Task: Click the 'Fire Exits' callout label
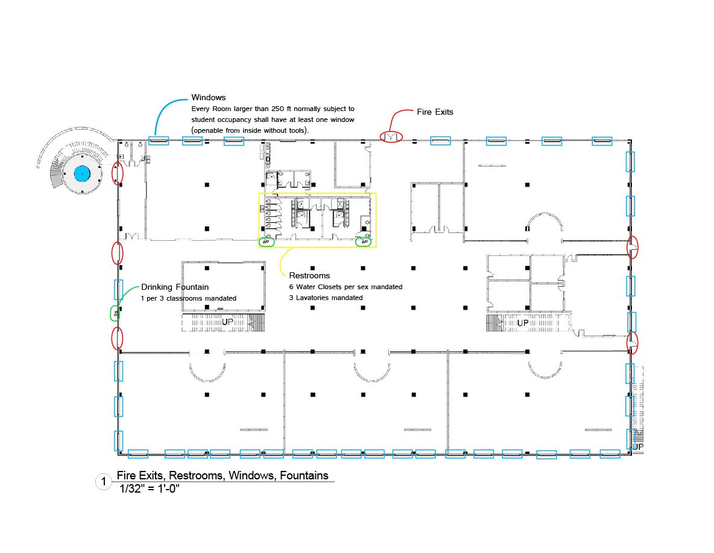(x=435, y=112)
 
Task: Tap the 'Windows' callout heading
(x=208, y=97)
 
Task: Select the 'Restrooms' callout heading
(x=309, y=275)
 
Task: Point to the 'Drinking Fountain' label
(x=175, y=287)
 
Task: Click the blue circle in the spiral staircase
(x=83, y=173)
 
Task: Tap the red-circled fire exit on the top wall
(x=391, y=136)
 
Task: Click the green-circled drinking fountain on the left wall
(x=116, y=314)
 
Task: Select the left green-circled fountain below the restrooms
(x=267, y=242)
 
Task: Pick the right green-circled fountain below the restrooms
(x=364, y=242)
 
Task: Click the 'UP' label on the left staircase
(x=227, y=322)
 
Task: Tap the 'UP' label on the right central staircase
(x=523, y=323)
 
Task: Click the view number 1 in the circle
(x=104, y=481)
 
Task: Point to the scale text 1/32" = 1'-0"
(x=150, y=489)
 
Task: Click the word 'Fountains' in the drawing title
(x=304, y=476)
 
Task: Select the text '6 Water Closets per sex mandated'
(x=346, y=287)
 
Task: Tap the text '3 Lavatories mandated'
(x=326, y=298)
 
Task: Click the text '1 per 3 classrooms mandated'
(x=189, y=298)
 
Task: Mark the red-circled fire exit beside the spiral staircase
(x=118, y=174)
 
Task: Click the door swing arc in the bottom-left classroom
(x=207, y=374)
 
